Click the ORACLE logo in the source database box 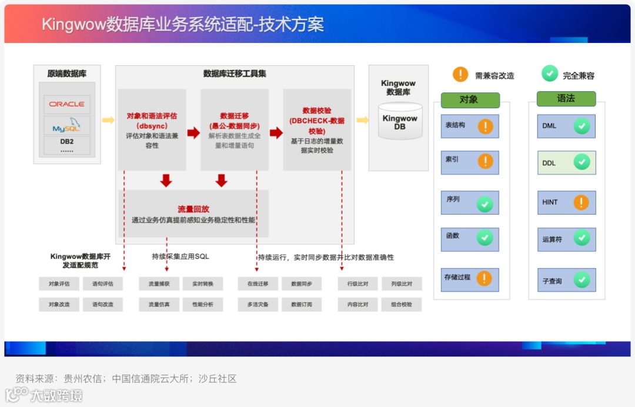tap(66, 104)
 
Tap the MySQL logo tap(66, 126)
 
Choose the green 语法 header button tap(566, 99)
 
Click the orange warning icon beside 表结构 tap(485, 126)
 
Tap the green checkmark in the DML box tap(581, 126)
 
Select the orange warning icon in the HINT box tap(581, 202)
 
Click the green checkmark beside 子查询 tap(581, 280)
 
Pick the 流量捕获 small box tap(159, 284)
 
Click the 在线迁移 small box tap(258, 284)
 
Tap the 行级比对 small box tap(357, 284)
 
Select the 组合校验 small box tap(402, 305)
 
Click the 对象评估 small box tap(59, 284)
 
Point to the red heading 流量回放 tap(193, 209)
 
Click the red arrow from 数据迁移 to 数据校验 tap(276, 133)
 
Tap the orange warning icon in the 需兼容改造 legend tap(460, 75)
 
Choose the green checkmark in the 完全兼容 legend tap(549, 74)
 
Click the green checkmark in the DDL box tap(581, 162)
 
